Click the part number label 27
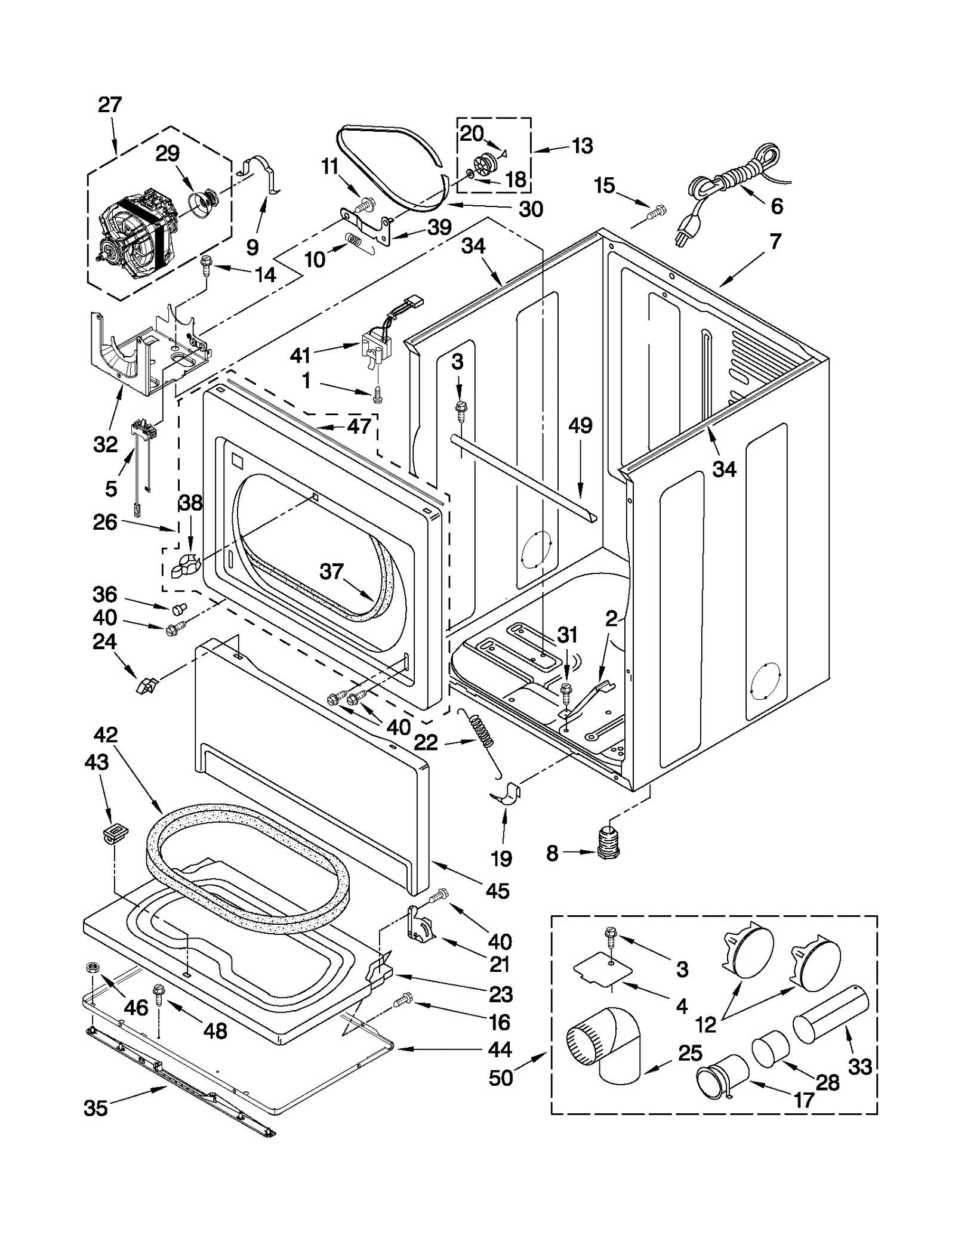(x=110, y=105)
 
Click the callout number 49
(x=580, y=425)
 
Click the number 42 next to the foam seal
(x=106, y=734)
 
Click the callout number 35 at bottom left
(x=95, y=1108)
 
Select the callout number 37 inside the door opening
(x=332, y=572)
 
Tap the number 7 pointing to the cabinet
(x=775, y=242)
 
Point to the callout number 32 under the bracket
(x=106, y=444)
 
